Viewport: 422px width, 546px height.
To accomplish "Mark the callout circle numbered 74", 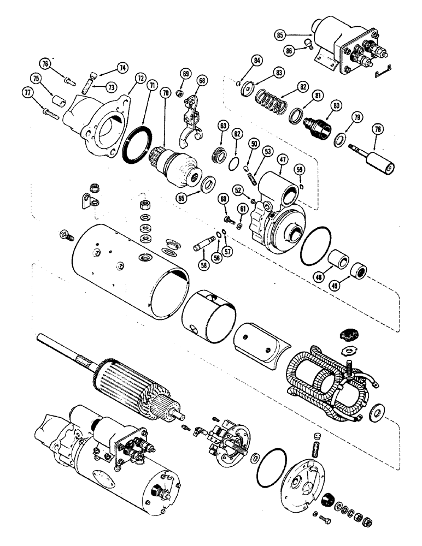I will (x=122, y=68).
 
